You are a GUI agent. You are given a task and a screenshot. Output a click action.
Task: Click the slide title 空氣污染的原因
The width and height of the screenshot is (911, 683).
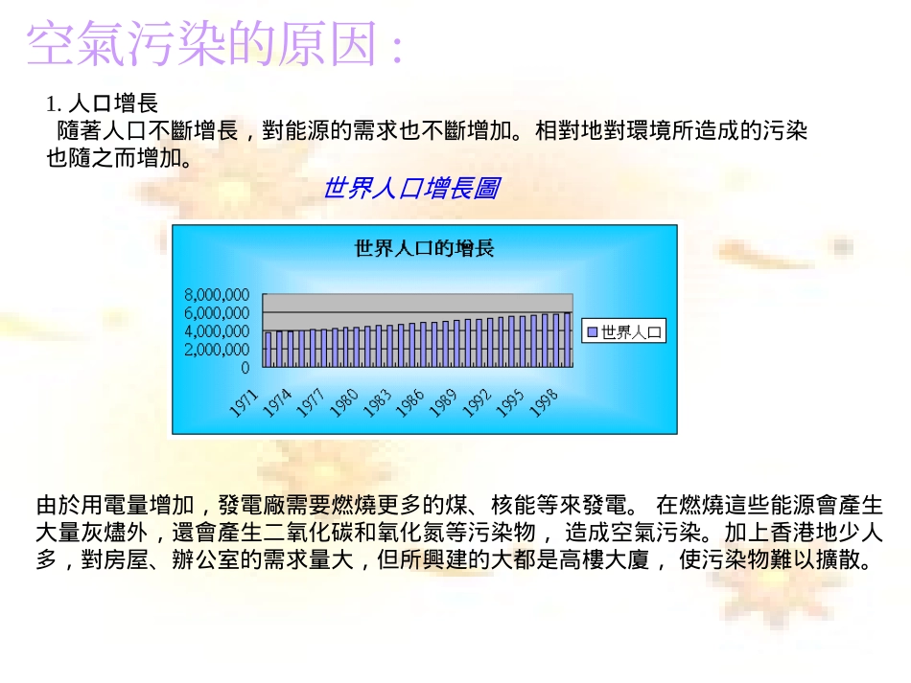pos(214,45)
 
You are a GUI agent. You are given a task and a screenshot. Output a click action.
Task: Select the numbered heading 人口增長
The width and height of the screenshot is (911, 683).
pos(112,103)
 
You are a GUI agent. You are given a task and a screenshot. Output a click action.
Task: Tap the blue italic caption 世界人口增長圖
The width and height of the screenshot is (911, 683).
pos(409,189)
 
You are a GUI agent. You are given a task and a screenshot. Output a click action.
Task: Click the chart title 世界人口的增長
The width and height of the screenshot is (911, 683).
pos(424,249)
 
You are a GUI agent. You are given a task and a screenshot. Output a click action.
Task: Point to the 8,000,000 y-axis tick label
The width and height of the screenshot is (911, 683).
pos(217,295)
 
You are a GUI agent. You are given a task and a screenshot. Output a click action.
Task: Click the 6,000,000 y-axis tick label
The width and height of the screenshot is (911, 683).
pos(217,313)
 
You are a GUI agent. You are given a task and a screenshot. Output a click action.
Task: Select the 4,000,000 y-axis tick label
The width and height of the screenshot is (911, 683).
pos(217,331)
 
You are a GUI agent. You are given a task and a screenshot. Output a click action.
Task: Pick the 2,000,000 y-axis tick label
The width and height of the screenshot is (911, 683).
pos(217,350)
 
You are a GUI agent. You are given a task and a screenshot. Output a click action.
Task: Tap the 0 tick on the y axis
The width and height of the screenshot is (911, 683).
pos(245,368)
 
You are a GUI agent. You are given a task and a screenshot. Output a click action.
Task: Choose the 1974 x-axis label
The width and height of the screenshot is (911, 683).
pos(278,400)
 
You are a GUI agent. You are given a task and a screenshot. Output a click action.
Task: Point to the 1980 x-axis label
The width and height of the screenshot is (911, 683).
pos(344,400)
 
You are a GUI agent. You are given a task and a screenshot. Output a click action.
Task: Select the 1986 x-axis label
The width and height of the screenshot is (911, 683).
pos(410,400)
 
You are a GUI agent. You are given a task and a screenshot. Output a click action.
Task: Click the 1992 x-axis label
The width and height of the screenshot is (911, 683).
pos(477,400)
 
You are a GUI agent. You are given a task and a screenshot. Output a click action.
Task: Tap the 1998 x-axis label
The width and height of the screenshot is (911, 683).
pos(543,400)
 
